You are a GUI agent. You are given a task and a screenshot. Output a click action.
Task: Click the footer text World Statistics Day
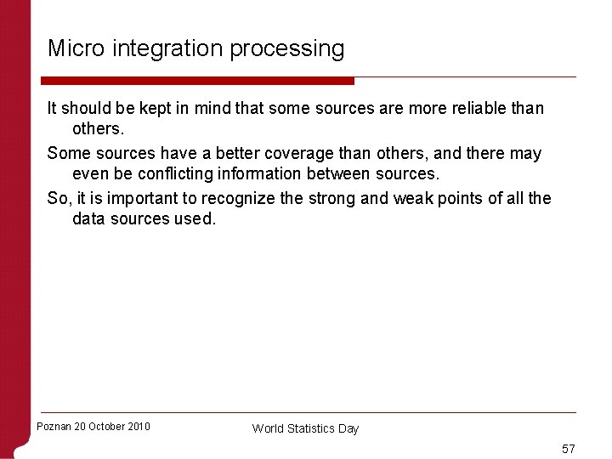coord(305,428)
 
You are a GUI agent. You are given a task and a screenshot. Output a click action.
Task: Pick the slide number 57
coord(568,448)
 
